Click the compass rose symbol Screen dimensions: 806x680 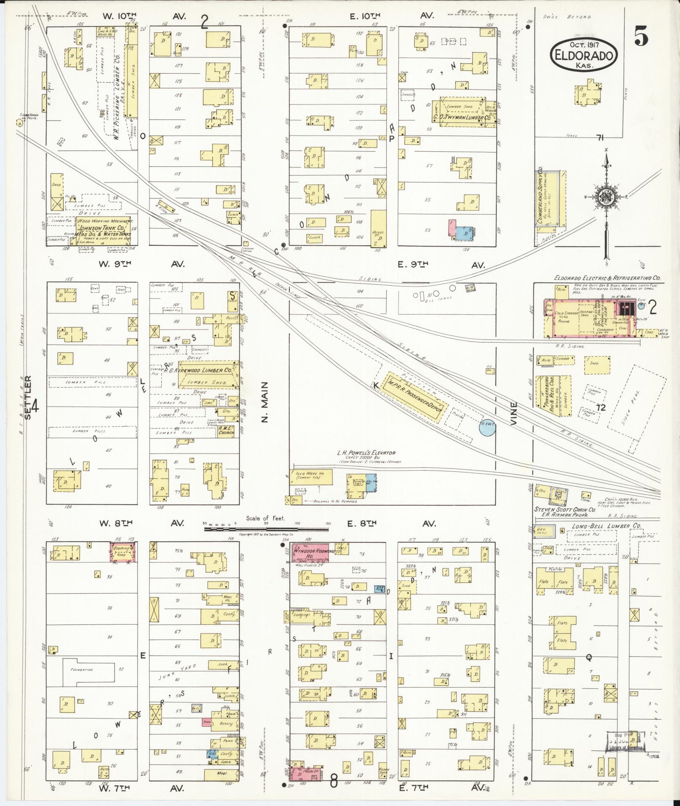click(606, 196)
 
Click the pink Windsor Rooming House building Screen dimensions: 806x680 click(310, 553)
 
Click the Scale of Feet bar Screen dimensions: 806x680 click(266, 528)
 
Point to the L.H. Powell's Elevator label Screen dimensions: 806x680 click(366, 453)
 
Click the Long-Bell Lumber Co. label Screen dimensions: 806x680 click(607, 526)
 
